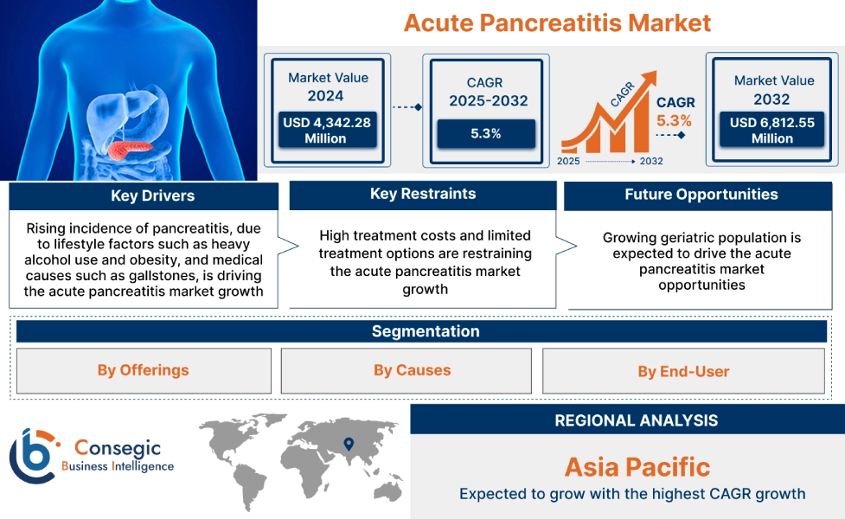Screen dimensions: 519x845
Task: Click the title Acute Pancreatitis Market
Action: [557, 22]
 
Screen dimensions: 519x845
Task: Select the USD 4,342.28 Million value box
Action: [326, 131]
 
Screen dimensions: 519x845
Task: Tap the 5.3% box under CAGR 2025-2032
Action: [485, 134]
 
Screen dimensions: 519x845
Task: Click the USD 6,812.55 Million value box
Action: [771, 131]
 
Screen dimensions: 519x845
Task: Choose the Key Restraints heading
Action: [422, 195]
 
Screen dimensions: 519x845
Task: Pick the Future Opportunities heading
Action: [701, 195]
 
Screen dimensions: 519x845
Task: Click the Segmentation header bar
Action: [425, 331]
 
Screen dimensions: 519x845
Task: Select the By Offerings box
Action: [143, 370]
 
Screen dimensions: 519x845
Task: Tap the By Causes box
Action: [412, 370]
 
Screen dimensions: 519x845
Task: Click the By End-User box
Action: [683, 372]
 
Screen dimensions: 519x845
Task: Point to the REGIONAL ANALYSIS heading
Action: [636, 421]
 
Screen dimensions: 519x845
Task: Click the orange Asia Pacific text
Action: [637, 468]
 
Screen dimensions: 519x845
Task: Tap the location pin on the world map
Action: [348, 445]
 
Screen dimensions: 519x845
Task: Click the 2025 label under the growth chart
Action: [568, 161]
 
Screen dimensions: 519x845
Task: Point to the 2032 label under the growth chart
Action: [651, 161]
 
